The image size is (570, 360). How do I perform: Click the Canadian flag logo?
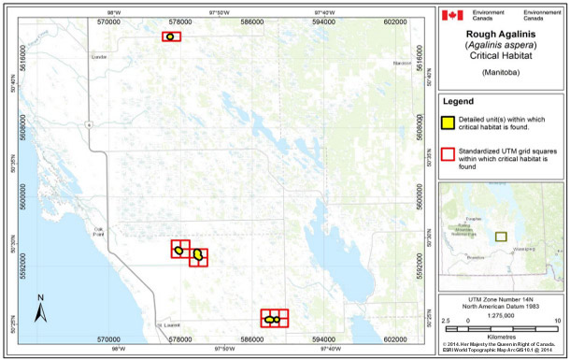pyautogui.click(x=452, y=15)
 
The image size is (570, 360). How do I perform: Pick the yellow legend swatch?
pyautogui.click(x=449, y=121)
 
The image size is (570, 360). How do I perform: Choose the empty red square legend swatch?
pyautogui.click(x=449, y=153)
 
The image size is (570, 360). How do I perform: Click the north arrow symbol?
pyautogui.click(x=40, y=306)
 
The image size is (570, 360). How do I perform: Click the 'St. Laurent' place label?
pyautogui.click(x=168, y=324)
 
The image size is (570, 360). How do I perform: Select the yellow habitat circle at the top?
pyautogui.click(x=170, y=36)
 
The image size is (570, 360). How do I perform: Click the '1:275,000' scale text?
pyautogui.click(x=503, y=313)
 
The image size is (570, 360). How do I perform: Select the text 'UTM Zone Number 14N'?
pyautogui.click(x=503, y=298)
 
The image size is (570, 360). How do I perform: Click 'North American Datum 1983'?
pyautogui.click(x=503, y=306)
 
